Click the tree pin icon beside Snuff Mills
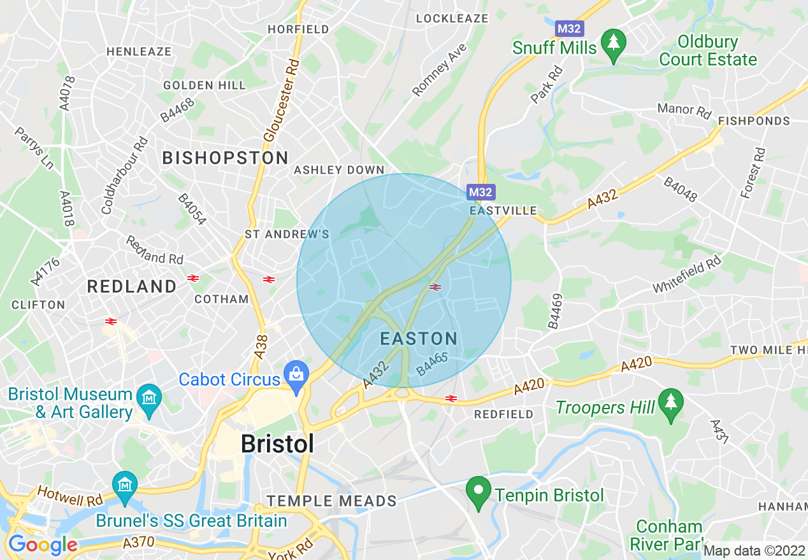[x=613, y=44]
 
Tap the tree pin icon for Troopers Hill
[x=670, y=403]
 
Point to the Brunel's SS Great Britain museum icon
[x=125, y=486]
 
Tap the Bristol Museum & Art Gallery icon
[x=149, y=399]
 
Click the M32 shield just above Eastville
[x=480, y=192]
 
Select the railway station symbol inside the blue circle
[x=436, y=288]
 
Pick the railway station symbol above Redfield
[x=451, y=398]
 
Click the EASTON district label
[x=419, y=339]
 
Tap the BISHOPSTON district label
[x=226, y=158]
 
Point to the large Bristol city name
[x=277, y=444]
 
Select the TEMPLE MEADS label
[x=331, y=501]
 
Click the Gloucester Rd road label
[x=282, y=101]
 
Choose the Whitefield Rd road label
[x=687, y=274]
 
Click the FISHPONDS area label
[x=753, y=121]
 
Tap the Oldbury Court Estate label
[x=708, y=51]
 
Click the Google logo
[x=43, y=545]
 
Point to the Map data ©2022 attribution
[x=754, y=550]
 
